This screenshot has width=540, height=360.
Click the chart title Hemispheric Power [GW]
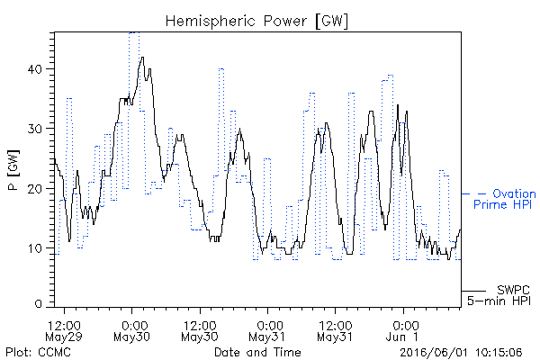coord(256,22)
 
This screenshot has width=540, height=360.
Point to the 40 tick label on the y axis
coord(35,69)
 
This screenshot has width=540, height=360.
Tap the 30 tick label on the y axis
coord(35,129)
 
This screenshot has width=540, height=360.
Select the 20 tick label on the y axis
coord(35,189)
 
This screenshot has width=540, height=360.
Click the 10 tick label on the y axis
coord(35,248)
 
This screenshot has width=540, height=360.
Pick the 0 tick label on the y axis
coord(39,304)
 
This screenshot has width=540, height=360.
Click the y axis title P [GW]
coord(13,170)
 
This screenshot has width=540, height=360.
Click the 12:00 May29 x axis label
coord(64,331)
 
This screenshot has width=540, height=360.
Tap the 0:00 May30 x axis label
coord(132,331)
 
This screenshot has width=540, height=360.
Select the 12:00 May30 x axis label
coord(200,331)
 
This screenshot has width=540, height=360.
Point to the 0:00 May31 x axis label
coord(267,331)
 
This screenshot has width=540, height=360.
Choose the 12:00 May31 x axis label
coord(335,331)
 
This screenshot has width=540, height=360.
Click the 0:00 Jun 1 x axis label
coord(403,331)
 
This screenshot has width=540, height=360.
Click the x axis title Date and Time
coord(257,352)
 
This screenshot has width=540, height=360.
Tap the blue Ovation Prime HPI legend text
coord(505,199)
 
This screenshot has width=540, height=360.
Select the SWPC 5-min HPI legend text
coord(499,295)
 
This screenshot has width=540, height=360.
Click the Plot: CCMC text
coord(38,352)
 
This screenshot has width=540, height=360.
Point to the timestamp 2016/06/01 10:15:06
coord(461,352)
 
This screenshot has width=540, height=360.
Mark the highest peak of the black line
coord(142,58)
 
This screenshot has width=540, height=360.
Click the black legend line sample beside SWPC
coord(473,291)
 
